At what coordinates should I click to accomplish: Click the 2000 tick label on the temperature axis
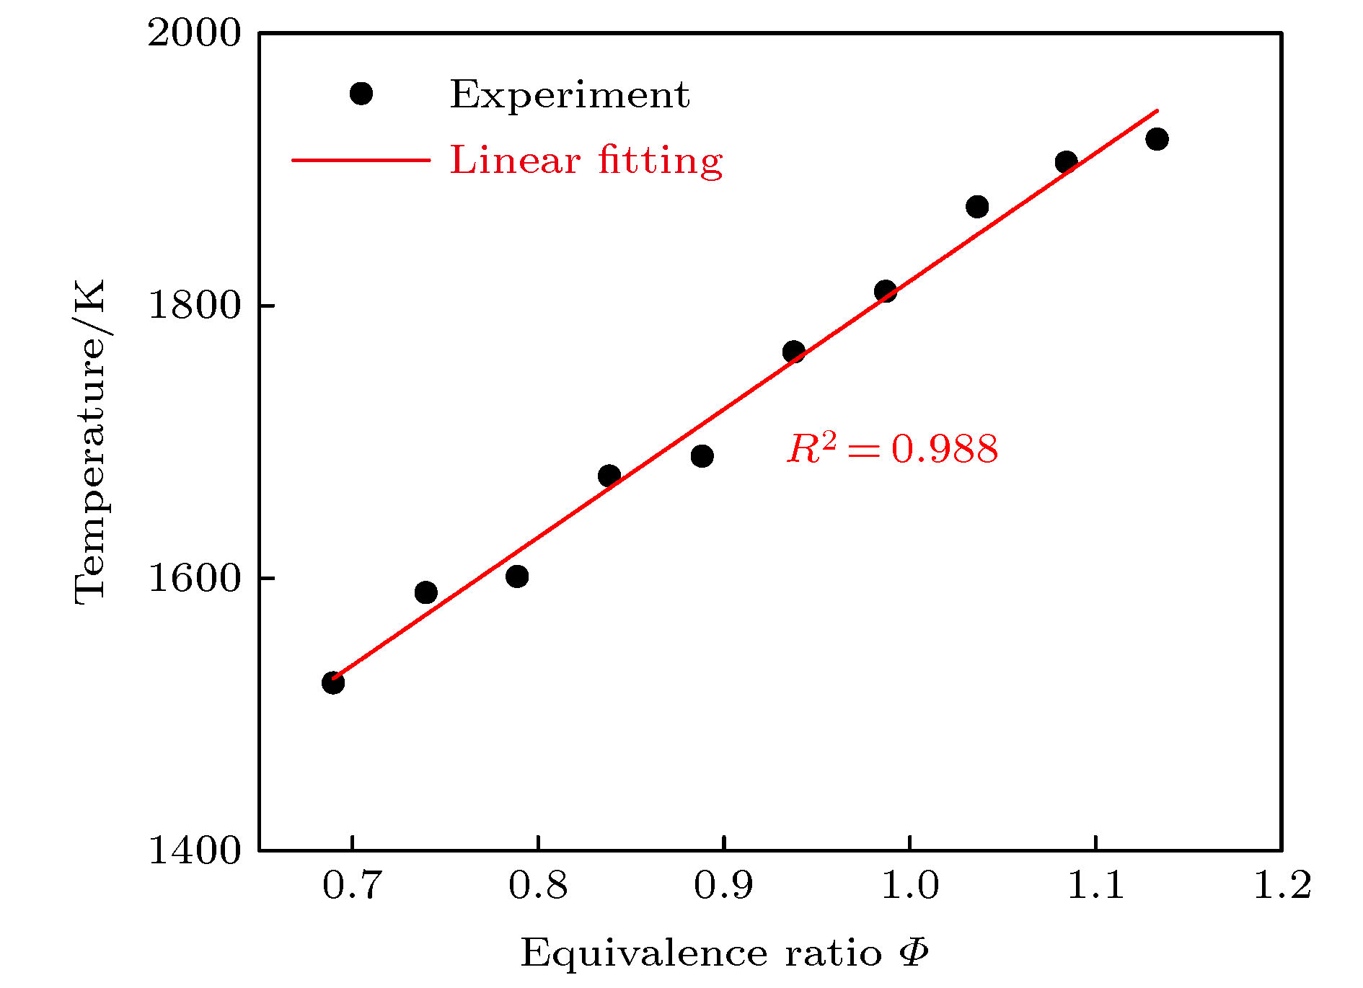[x=193, y=33]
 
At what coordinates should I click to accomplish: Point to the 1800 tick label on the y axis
[x=193, y=306]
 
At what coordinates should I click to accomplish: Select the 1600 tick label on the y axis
[x=193, y=578]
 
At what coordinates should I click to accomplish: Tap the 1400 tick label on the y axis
[x=193, y=850]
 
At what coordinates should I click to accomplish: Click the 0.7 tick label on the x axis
[x=351, y=885]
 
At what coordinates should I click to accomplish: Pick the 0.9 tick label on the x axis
[x=723, y=885]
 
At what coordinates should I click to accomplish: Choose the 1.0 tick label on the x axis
[x=910, y=885]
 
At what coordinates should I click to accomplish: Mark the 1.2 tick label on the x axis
[x=1282, y=885]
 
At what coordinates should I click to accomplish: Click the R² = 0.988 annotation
[x=892, y=448]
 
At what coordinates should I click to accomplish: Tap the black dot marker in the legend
[x=361, y=94]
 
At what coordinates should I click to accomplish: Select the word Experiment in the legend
[x=570, y=94]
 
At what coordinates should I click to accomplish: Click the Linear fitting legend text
[x=586, y=160]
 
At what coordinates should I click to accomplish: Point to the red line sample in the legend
[x=361, y=159]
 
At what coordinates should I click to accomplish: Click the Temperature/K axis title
[x=90, y=441]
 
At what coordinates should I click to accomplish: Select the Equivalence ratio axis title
[x=723, y=953]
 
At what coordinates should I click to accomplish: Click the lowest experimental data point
[x=332, y=682]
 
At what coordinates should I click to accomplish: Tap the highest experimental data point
[x=1157, y=139]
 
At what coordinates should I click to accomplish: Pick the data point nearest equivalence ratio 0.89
[x=702, y=455]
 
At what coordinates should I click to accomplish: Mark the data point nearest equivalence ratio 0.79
[x=517, y=576]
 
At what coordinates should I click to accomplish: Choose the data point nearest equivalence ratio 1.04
[x=977, y=207]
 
